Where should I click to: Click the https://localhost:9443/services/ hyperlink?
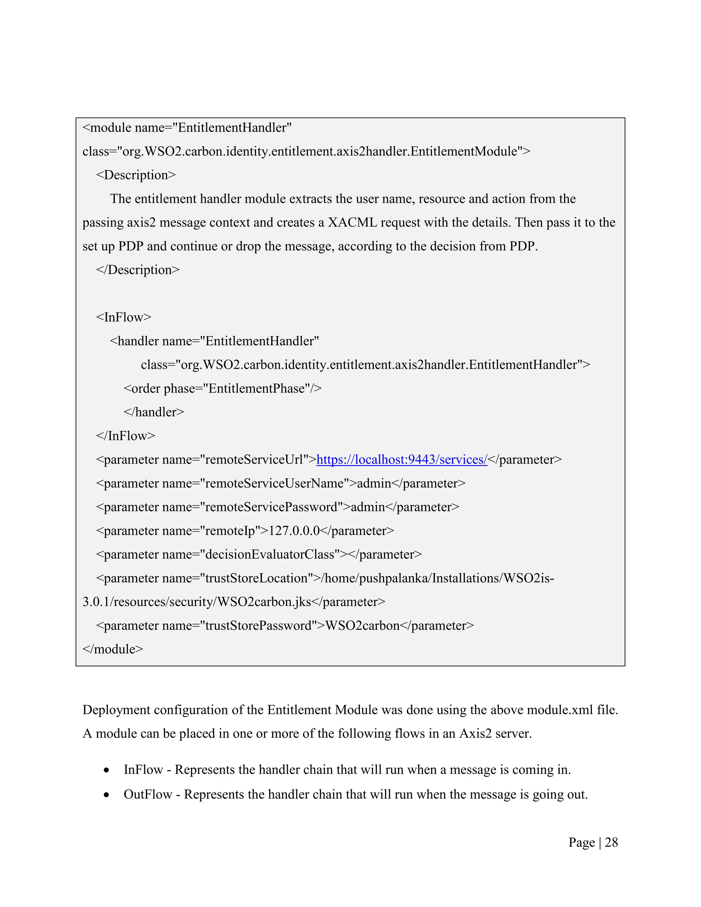point(402,460)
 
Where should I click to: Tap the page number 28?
point(611,843)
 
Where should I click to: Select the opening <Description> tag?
point(136,175)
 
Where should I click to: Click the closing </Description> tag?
point(138,270)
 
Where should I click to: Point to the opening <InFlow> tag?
point(124,317)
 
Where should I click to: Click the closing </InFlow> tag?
point(125,436)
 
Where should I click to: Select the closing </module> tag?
point(113,649)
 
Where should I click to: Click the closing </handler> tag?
point(154,412)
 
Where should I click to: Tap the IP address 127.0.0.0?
point(294,531)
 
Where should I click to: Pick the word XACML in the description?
point(352,222)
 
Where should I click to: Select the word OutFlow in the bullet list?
point(148,794)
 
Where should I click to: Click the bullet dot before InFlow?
point(107,770)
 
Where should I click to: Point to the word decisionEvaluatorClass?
point(270,555)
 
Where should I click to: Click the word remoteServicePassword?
point(271,508)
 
